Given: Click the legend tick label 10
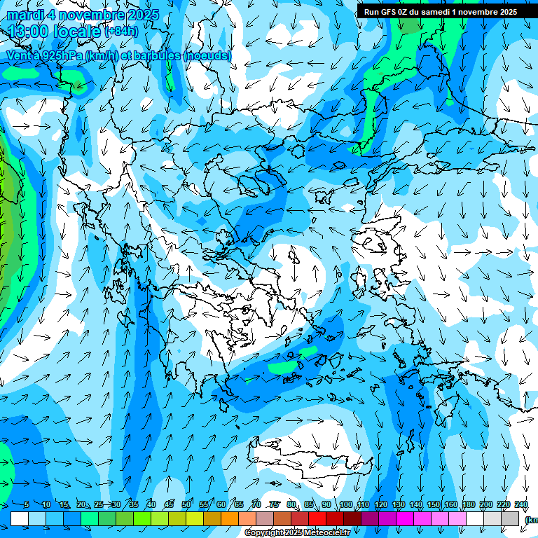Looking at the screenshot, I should (x=46, y=504).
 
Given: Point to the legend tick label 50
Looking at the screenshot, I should (x=186, y=504).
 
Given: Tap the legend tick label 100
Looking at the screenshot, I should (x=346, y=504).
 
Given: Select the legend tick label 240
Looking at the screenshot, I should (x=521, y=504).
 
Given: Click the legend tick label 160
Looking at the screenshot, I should (x=451, y=504).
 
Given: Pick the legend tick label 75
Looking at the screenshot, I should (x=275, y=504).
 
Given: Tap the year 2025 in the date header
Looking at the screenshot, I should (x=139, y=15).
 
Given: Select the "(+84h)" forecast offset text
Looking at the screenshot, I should (x=120, y=32).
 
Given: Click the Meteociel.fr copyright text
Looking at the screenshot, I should (x=297, y=533).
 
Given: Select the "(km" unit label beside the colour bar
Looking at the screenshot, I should (x=531, y=520).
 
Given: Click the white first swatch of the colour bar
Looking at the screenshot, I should (x=20, y=518).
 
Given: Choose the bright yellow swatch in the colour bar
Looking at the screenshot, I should (x=195, y=518).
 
